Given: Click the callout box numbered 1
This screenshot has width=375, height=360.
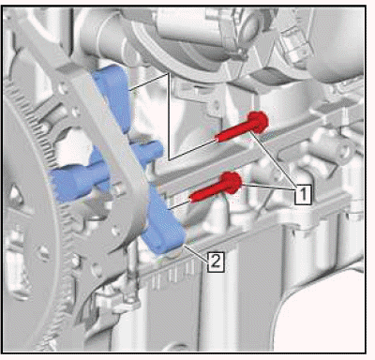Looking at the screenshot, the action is coord(303,194).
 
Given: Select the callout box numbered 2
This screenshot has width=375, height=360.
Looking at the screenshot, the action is coord(216,262).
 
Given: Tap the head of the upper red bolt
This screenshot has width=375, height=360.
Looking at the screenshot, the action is coord(258,122).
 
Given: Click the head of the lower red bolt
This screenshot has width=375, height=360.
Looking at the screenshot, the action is coord(232,182).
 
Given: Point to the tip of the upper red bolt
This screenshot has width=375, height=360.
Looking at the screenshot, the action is coord(216,138).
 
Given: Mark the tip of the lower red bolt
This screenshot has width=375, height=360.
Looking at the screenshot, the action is coord(191,198).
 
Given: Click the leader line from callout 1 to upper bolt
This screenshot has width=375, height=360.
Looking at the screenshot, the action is coord(273,158).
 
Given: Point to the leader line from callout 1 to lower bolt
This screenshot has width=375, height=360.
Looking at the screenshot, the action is coord(269,187).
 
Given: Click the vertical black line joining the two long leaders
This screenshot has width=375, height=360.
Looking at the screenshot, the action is coord(169,116).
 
